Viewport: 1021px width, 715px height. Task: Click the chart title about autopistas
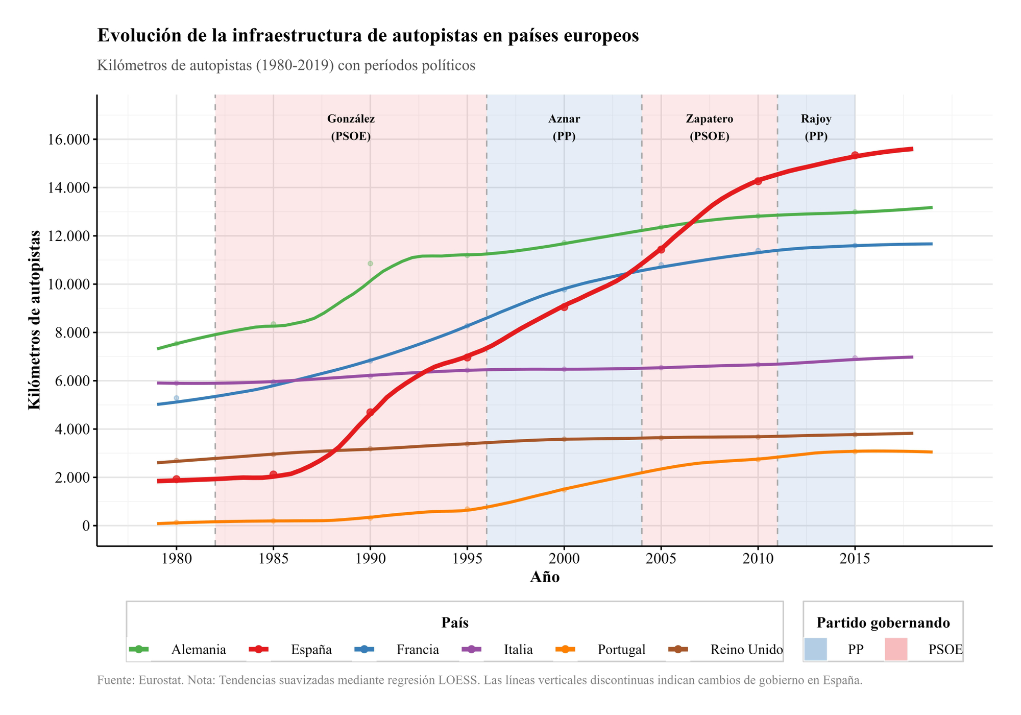[368, 36]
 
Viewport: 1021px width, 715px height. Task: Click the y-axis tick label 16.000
[68, 139]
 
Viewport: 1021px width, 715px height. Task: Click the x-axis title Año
[544, 578]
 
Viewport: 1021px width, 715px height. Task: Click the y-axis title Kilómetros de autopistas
[34, 320]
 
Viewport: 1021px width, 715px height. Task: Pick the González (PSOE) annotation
[351, 128]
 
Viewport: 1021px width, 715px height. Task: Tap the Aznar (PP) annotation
[564, 128]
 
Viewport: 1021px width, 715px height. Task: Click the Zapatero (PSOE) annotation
[709, 128]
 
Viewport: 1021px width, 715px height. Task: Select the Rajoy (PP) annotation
[816, 128]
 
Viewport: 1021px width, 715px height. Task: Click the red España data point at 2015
[855, 155]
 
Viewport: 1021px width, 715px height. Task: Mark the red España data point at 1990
[370, 412]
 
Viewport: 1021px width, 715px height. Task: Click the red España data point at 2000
[564, 307]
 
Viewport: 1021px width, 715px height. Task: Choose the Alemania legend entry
[198, 650]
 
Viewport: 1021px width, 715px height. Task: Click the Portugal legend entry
[621, 650]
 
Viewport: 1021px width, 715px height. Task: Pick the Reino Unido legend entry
[746, 650]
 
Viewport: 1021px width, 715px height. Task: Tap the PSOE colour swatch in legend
[895, 649]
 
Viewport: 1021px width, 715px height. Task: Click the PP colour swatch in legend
[815, 649]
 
